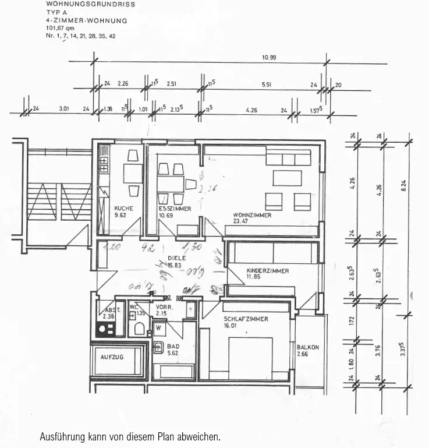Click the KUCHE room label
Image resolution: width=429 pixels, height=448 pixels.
tap(123, 209)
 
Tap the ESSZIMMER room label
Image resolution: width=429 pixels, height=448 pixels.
tap(175, 209)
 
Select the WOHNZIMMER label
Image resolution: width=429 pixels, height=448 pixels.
tap(251, 215)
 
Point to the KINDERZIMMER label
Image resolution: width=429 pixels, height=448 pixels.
tap(267, 271)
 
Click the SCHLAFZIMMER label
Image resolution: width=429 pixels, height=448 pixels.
tap(246, 319)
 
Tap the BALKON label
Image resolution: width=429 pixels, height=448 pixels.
tap(307, 347)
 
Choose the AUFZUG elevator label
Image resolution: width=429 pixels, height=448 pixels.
tap(112, 357)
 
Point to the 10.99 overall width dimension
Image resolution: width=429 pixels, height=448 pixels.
tap(269, 57)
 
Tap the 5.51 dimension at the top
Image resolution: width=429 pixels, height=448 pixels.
tap(267, 84)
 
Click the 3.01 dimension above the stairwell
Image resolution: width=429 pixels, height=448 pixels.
tap(64, 109)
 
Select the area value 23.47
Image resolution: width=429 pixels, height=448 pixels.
tap(240, 221)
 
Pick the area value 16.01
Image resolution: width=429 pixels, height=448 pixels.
tap(231, 326)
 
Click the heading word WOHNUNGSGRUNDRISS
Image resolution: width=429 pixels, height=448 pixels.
tap(90, 4)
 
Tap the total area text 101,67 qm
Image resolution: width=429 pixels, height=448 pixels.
tap(61, 28)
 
